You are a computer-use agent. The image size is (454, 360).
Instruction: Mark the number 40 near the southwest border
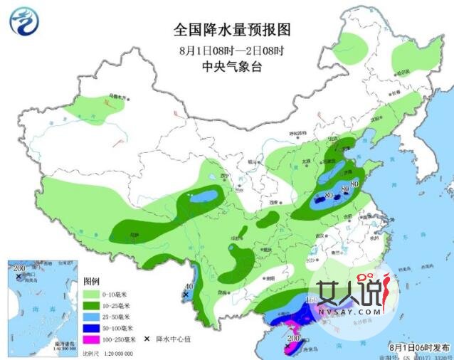point(187,285)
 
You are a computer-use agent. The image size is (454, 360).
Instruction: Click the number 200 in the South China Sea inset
point(19,268)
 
